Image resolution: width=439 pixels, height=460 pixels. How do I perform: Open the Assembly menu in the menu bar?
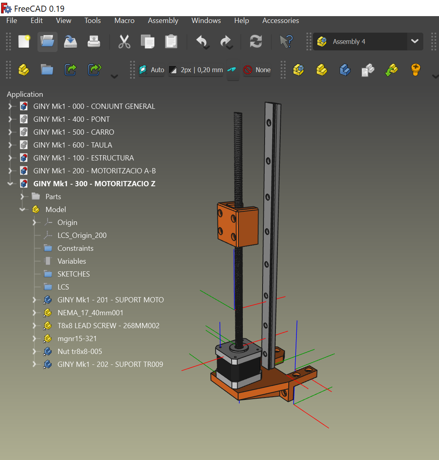[x=163, y=21]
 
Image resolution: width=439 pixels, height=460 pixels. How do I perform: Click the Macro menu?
[x=124, y=21]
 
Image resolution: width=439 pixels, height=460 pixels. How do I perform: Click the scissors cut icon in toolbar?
[x=124, y=42]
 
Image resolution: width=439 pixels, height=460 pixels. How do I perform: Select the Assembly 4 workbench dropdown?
[x=368, y=42]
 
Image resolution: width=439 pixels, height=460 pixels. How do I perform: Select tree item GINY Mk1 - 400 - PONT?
[x=71, y=119]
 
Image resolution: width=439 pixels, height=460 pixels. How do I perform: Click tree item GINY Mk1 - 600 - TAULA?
[x=72, y=145]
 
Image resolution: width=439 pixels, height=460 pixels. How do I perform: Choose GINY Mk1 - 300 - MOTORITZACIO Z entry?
[x=94, y=184]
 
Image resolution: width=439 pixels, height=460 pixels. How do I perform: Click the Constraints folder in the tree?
[x=75, y=248]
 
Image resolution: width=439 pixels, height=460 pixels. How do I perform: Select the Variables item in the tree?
[x=72, y=261]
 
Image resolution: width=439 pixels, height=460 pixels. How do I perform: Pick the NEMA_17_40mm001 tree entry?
[x=90, y=313]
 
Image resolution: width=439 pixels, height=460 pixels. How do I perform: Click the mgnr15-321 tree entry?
[x=77, y=339]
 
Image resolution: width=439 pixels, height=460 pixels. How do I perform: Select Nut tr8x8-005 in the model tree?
[x=80, y=352]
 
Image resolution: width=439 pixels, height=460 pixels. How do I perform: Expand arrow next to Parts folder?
[x=23, y=197]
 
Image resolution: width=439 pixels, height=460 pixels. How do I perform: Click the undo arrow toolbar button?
[x=201, y=42]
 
